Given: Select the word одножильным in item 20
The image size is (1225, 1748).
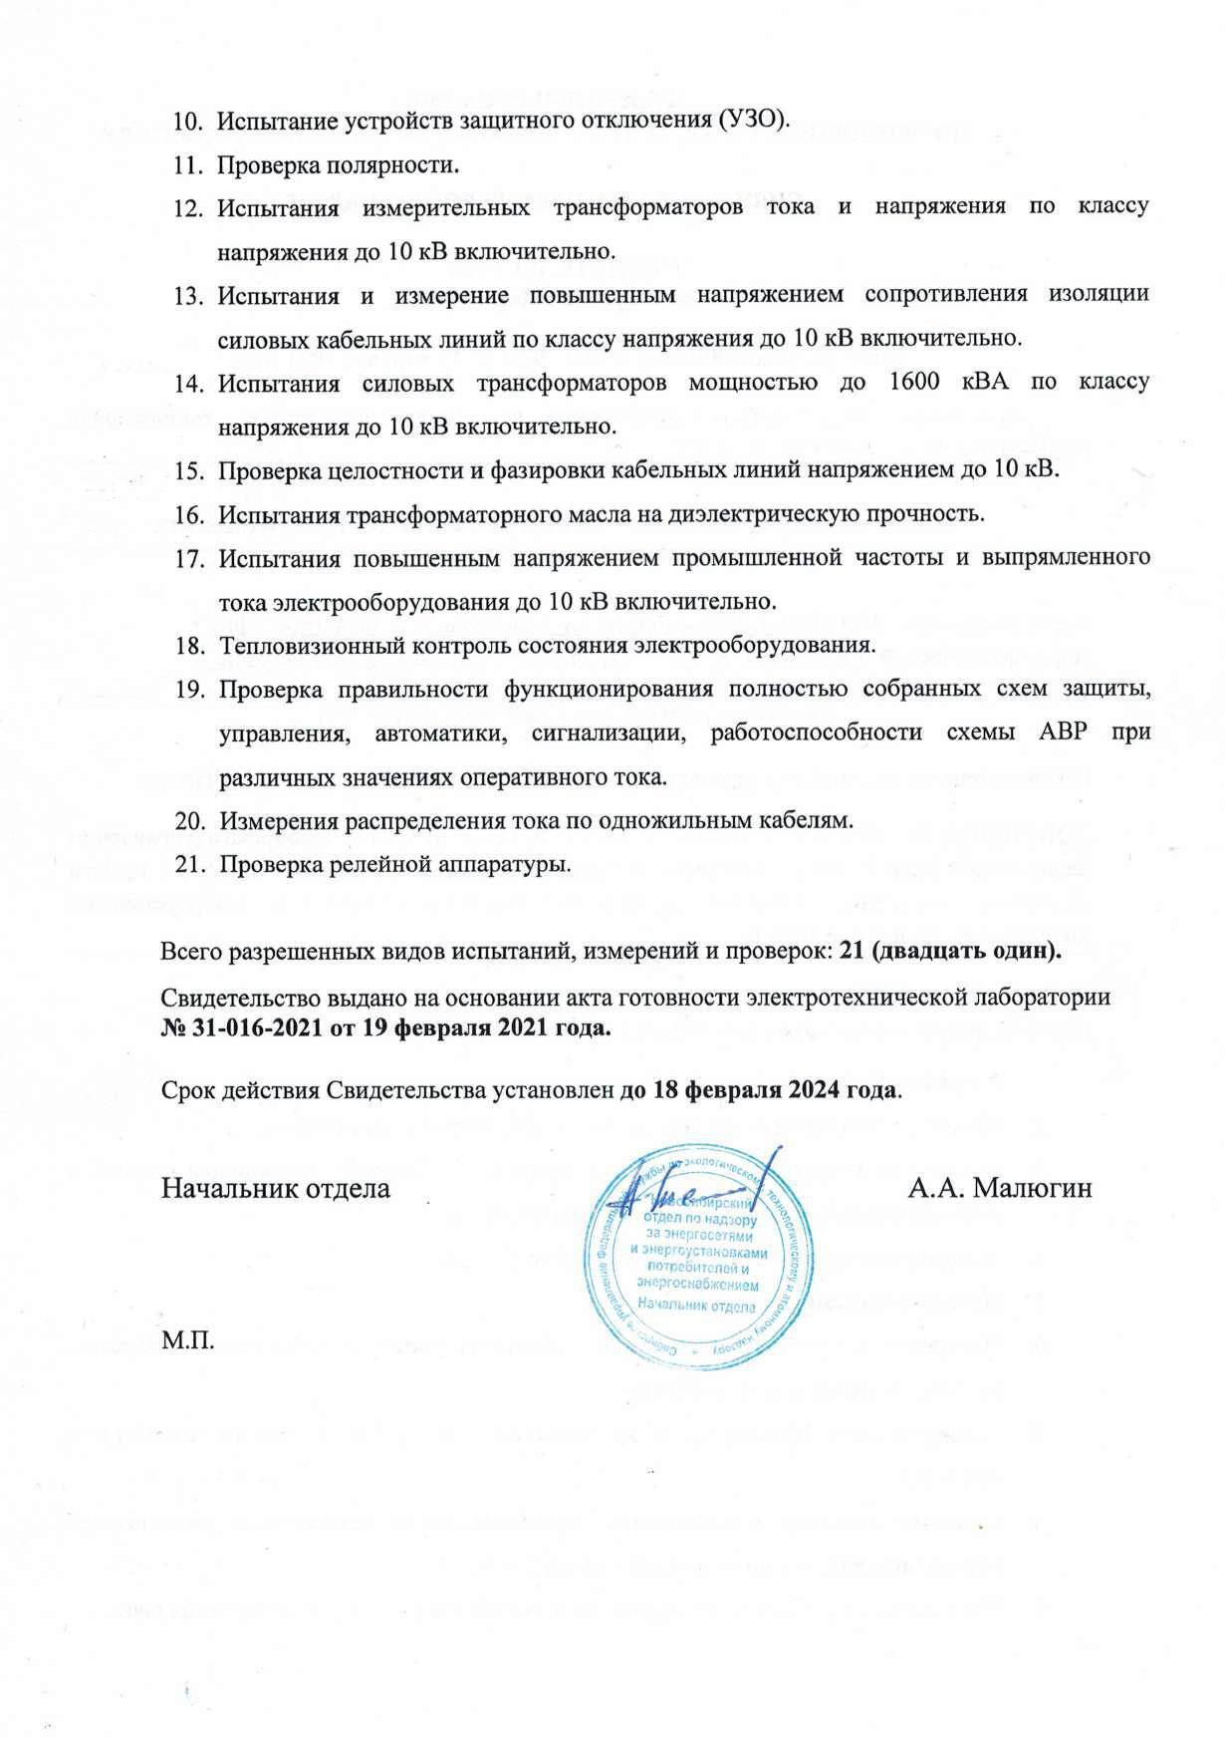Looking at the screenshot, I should pyautogui.click(x=674, y=820).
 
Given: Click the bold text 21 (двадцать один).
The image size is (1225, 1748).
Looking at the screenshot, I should pyautogui.click(x=950, y=952).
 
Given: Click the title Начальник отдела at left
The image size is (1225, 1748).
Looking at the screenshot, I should pyautogui.click(x=276, y=1188).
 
